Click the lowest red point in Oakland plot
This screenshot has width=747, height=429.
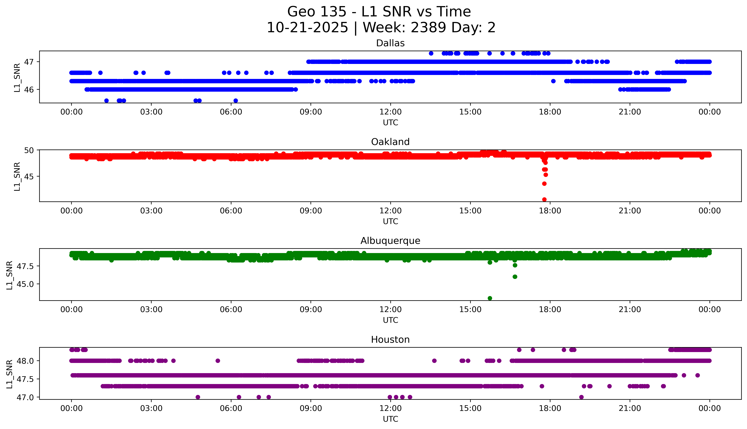[544, 199]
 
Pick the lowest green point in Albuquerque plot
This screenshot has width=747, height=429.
[490, 298]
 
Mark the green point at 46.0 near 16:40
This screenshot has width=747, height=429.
[515, 277]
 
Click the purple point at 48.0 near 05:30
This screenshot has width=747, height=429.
[218, 361]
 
